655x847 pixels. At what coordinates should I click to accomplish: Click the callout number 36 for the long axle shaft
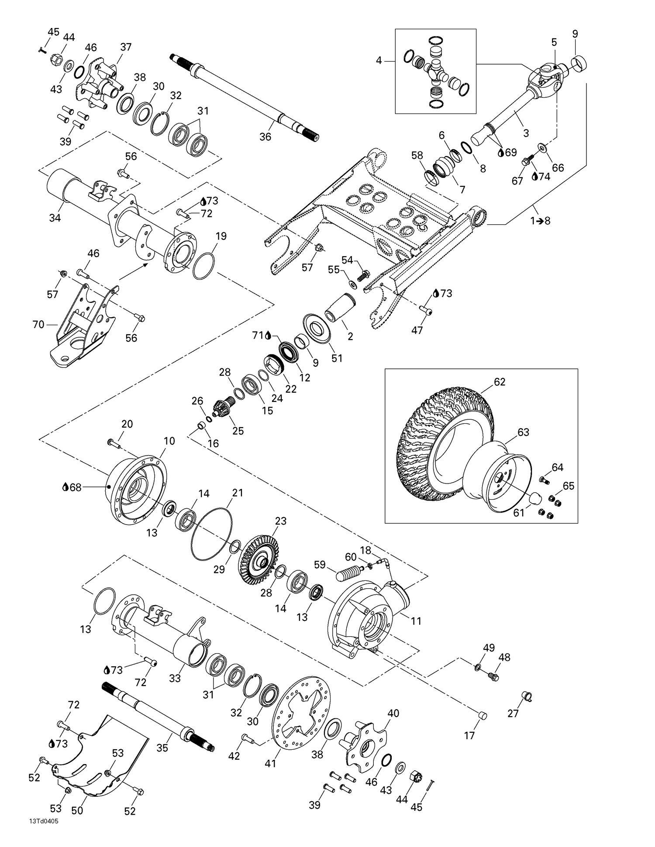tap(265, 137)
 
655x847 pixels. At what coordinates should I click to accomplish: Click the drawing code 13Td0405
tap(43, 833)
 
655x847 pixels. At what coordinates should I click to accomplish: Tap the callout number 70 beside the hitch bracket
tap(38, 325)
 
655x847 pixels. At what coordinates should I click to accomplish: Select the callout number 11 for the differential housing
tap(416, 621)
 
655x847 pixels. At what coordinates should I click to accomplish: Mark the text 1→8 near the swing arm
tap(540, 221)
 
